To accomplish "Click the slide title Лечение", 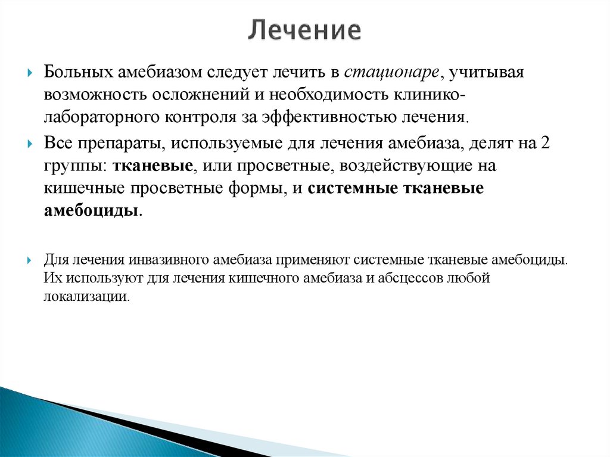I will coord(304,30).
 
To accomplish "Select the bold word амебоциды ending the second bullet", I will coord(91,210).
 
